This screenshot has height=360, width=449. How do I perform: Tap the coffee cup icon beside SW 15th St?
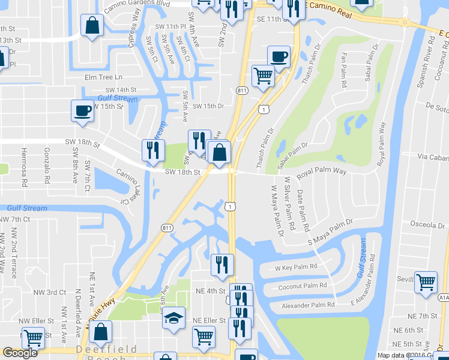83,110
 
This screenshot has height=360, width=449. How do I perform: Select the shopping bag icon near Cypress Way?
92,26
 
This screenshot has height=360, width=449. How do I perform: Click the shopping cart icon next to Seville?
426,281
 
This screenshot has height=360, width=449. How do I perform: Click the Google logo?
20,353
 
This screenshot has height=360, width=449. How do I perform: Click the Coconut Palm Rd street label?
303,286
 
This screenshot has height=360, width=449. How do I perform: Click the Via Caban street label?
432,157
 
